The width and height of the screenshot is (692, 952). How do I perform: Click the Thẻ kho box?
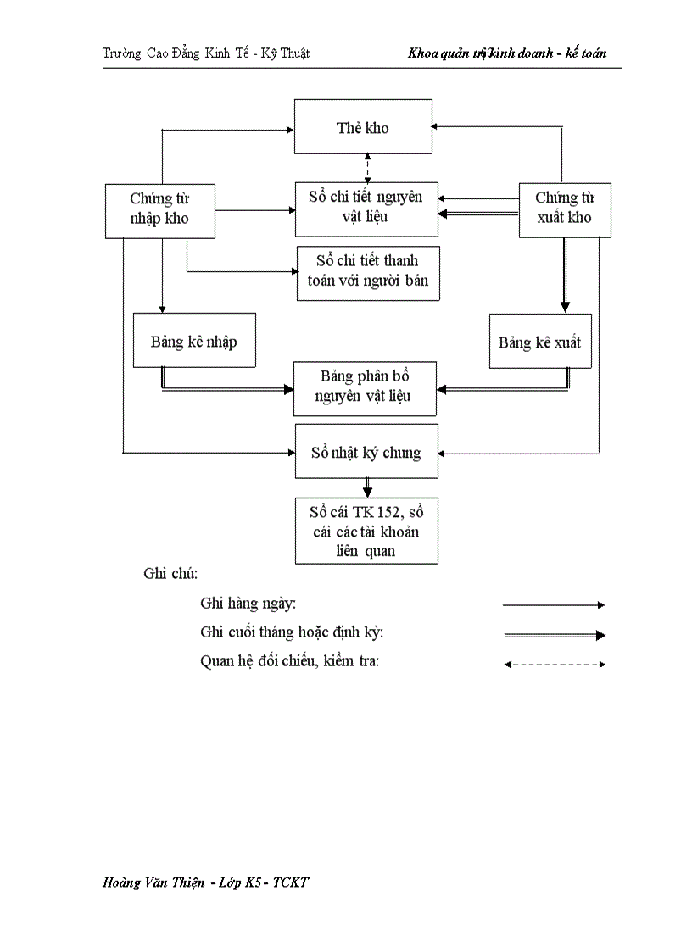click(x=363, y=127)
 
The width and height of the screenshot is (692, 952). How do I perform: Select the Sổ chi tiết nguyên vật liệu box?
click(x=366, y=208)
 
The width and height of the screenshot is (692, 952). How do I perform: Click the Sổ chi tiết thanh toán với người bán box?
click(x=368, y=272)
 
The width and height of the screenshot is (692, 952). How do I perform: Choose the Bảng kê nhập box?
click(x=194, y=342)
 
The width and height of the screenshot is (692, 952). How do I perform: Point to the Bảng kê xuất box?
click(x=539, y=342)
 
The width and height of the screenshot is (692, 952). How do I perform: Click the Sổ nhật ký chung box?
click(x=366, y=452)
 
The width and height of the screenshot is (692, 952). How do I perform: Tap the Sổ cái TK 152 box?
click(x=366, y=531)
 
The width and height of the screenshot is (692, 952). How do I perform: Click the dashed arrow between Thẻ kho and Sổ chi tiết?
click(x=367, y=167)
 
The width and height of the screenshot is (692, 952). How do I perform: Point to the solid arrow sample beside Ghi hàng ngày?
click(x=553, y=605)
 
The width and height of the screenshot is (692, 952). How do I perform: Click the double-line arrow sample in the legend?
click(x=553, y=634)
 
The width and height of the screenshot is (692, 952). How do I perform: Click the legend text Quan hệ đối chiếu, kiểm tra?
click(x=289, y=660)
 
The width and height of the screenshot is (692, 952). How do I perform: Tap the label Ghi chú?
click(x=170, y=573)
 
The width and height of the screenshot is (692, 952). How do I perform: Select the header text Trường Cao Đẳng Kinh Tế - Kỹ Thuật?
click(x=206, y=53)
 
